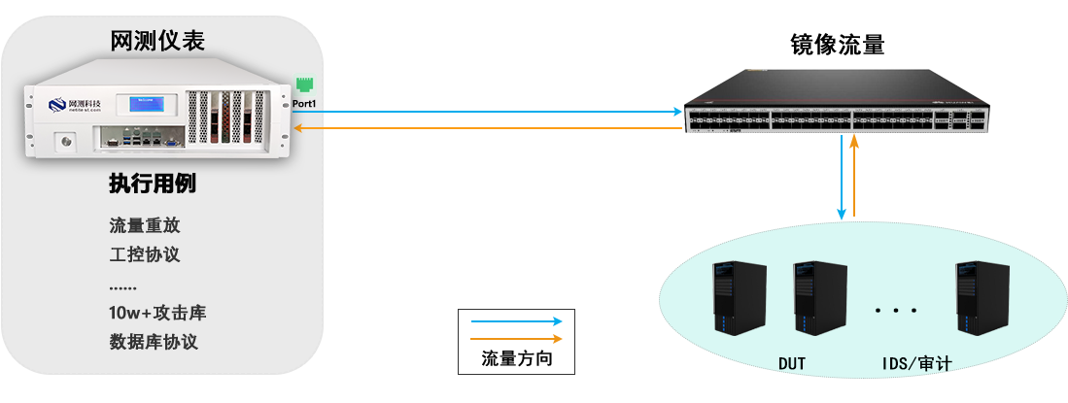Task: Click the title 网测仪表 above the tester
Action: point(157,40)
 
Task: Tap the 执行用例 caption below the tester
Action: point(152,185)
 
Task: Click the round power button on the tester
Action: point(67,143)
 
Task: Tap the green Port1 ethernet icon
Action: point(303,85)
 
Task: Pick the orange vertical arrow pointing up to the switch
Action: point(854,175)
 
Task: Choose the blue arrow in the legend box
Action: point(516,321)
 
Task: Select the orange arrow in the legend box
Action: point(516,339)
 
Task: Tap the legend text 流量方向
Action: point(516,359)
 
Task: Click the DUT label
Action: point(792,364)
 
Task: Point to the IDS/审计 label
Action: point(916,364)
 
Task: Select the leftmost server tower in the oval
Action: point(728,298)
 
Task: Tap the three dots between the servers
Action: point(895,311)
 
